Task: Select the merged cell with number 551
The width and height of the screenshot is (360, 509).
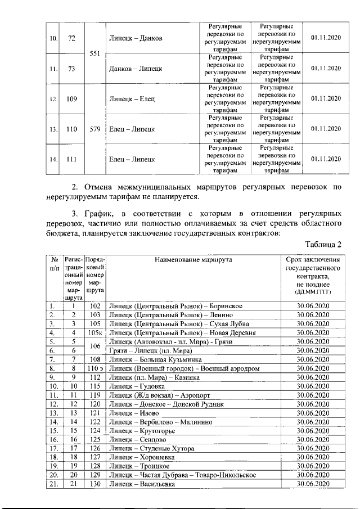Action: point(95,53)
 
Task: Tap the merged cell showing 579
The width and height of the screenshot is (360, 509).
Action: point(95,129)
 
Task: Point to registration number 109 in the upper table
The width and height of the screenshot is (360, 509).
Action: point(71,98)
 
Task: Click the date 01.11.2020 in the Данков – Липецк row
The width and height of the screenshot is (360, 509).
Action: point(326,69)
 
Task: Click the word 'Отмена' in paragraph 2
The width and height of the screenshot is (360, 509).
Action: point(105,187)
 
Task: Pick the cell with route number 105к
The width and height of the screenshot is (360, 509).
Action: point(94,332)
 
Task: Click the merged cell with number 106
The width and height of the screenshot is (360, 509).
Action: point(94,346)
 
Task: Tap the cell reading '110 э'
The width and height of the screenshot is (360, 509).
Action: point(94,368)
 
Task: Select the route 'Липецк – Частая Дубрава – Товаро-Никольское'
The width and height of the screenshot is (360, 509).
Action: point(182,475)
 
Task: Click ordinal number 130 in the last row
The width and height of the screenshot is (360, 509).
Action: point(94,484)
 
